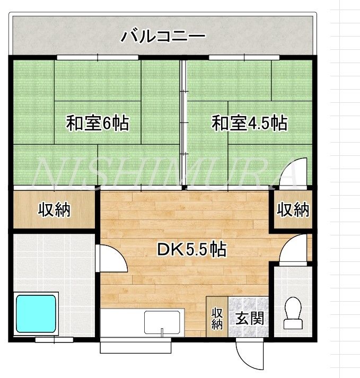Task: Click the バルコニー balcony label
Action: coord(163,37)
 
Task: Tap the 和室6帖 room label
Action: coord(98,123)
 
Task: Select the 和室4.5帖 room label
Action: coord(249,123)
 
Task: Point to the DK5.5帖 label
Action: coord(192,249)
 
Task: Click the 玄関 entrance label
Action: coord(249,318)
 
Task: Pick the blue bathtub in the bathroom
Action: coord(36,314)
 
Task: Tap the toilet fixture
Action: coord(293,313)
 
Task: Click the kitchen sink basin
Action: coord(162,322)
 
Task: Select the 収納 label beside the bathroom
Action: coord(54,210)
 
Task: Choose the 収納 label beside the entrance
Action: coord(217,319)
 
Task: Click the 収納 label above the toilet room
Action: coord(293,210)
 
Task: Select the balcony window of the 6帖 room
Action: coord(98,57)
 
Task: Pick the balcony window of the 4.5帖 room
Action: coord(244,57)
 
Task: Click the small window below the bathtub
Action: coord(54,340)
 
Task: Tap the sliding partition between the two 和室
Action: coord(183,122)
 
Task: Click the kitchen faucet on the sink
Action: coord(162,332)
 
